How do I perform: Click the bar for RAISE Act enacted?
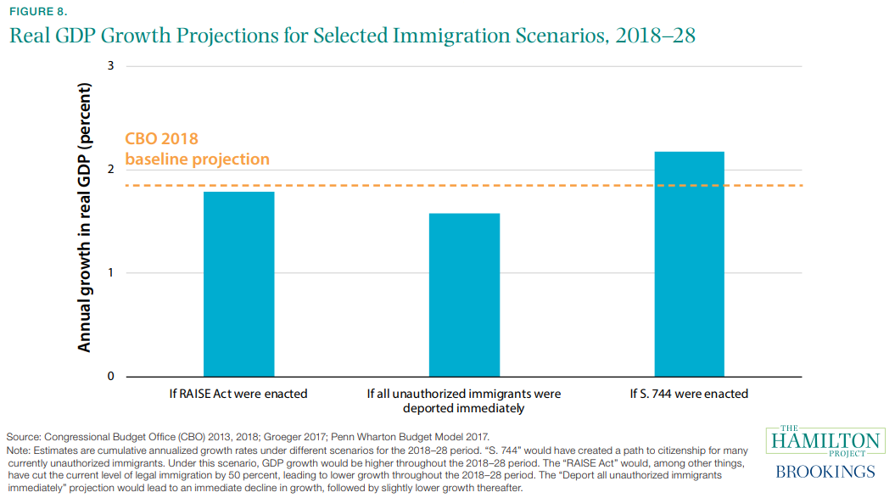pyautogui.click(x=238, y=283)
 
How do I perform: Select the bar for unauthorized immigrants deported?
pyautogui.click(x=464, y=294)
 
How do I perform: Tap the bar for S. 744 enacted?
pyautogui.click(x=689, y=263)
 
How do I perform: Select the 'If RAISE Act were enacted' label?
pyautogui.click(x=238, y=394)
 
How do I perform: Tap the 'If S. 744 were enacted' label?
pyautogui.click(x=689, y=394)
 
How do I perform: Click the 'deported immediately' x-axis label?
pyautogui.click(x=464, y=408)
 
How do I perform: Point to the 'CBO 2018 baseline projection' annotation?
pyautogui.click(x=197, y=148)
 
